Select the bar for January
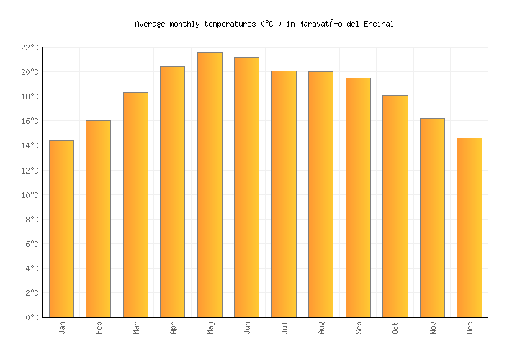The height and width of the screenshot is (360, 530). click(61, 229)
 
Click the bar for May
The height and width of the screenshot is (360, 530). click(210, 184)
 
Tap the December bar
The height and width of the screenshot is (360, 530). click(469, 228)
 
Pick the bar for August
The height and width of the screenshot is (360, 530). click(320, 194)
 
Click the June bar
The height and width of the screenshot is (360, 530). click(246, 187)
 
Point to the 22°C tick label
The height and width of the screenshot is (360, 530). click(29, 48)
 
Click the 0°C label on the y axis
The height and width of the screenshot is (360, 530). click(31, 318)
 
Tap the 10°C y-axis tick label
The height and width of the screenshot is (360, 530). click(29, 195)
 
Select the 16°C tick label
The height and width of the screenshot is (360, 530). click(29, 121)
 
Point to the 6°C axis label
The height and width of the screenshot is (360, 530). click(31, 244)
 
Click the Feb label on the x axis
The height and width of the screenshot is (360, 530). click(99, 328)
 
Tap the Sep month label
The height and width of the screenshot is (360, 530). click(359, 328)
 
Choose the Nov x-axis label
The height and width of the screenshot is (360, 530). click(433, 328)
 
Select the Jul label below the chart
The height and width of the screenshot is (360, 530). click(284, 328)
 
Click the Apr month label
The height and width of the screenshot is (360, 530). click(173, 328)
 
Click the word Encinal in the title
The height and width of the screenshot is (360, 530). click(379, 24)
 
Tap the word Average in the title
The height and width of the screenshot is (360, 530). click(151, 24)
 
